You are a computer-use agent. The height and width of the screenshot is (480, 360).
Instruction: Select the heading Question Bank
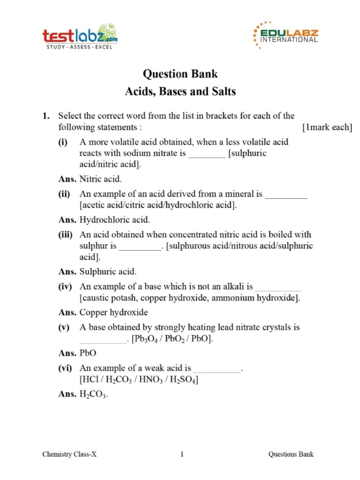tap(180, 74)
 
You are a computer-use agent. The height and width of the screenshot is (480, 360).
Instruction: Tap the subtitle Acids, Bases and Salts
tap(180, 91)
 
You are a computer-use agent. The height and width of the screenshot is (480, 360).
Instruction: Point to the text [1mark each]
tap(327, 127)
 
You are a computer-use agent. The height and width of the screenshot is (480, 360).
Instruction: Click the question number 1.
tap(45, 115)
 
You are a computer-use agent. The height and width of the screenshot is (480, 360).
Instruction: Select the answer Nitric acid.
tap(100, 179)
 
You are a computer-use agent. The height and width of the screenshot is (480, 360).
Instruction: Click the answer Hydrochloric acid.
tap(115, 219)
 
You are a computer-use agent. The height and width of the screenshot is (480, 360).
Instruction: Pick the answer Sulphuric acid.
tap(108, 271)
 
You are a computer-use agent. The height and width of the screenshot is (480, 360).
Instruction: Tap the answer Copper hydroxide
tap(113, 312)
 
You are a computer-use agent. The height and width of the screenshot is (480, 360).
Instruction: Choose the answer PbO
tap(88, 353)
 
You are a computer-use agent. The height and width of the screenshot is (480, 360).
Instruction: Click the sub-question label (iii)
tap(66, 234)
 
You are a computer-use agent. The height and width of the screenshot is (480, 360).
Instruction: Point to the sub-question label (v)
tap(64, 327)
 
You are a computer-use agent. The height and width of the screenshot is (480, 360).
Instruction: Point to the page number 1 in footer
tap(182, 454)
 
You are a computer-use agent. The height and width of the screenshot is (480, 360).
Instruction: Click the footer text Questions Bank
tap(291, 454)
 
